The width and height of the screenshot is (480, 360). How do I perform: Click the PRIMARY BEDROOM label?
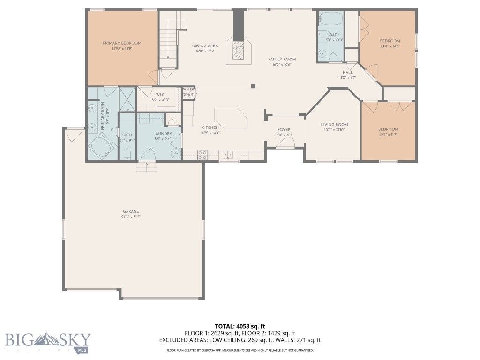[x=122, y=43]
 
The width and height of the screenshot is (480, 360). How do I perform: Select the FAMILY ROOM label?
[x=282, y=59]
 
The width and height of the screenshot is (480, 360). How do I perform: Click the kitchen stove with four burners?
[x=202, y=154]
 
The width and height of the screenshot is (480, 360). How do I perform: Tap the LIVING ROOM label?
[x=334, y=124]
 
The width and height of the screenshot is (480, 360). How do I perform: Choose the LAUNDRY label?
[x=162, y=133]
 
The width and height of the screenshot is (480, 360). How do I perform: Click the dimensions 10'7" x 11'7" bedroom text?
[x=388, y=135]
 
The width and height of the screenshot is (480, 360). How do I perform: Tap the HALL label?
[x=347, y=72]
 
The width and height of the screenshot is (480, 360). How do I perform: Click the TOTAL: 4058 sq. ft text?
[x=240, y=326]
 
